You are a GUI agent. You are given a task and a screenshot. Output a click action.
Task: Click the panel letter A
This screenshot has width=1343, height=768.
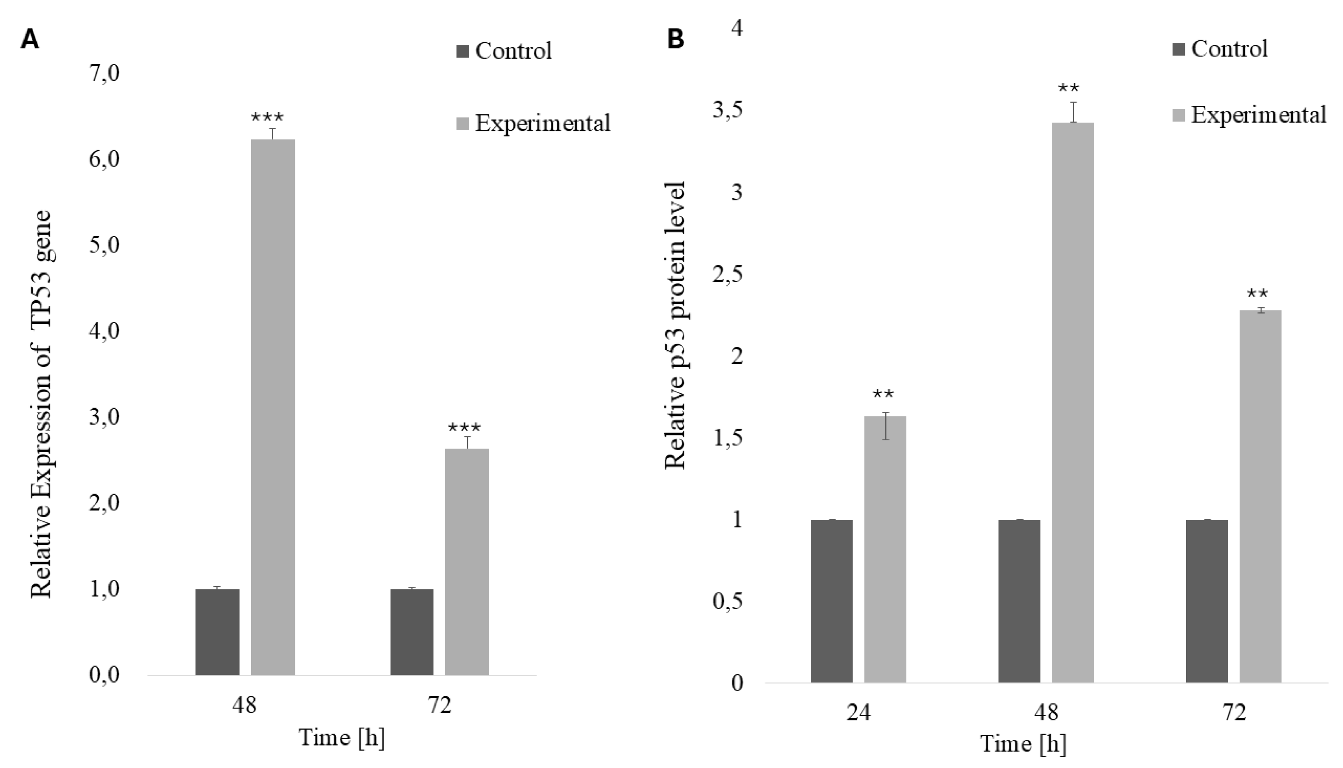(x=29, y=40)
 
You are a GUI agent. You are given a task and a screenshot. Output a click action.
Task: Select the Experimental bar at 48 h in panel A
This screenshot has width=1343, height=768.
(x=272, y=407)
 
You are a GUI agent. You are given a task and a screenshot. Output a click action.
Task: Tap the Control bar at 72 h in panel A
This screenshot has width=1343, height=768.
(x=412, y=632)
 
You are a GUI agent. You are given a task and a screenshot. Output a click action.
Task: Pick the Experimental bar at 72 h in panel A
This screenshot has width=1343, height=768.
(x=467, y=562)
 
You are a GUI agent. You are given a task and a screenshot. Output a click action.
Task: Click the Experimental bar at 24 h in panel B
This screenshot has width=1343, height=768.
(x=885, y=549)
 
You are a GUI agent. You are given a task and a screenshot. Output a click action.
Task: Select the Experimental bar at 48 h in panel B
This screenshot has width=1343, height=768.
(x=1073, y=402)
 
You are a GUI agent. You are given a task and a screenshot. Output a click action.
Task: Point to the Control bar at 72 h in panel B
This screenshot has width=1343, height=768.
(x=1207, y=601)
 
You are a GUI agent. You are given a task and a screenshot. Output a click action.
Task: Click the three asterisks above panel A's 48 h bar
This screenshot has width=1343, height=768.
(x=267, y=117)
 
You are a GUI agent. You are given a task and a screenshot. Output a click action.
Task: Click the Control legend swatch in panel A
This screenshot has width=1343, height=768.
(x=463, y=52)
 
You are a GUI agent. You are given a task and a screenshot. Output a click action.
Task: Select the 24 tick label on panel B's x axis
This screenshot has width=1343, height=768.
(x=858, y=713)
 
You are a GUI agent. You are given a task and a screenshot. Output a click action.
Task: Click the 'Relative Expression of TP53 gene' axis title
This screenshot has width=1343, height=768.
(x=41, y=404)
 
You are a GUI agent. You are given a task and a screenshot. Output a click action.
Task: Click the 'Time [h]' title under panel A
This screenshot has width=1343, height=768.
(x=342, y=737)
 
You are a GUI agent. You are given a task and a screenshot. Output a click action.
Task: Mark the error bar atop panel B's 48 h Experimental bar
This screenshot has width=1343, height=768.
(x=1073, y=112)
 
